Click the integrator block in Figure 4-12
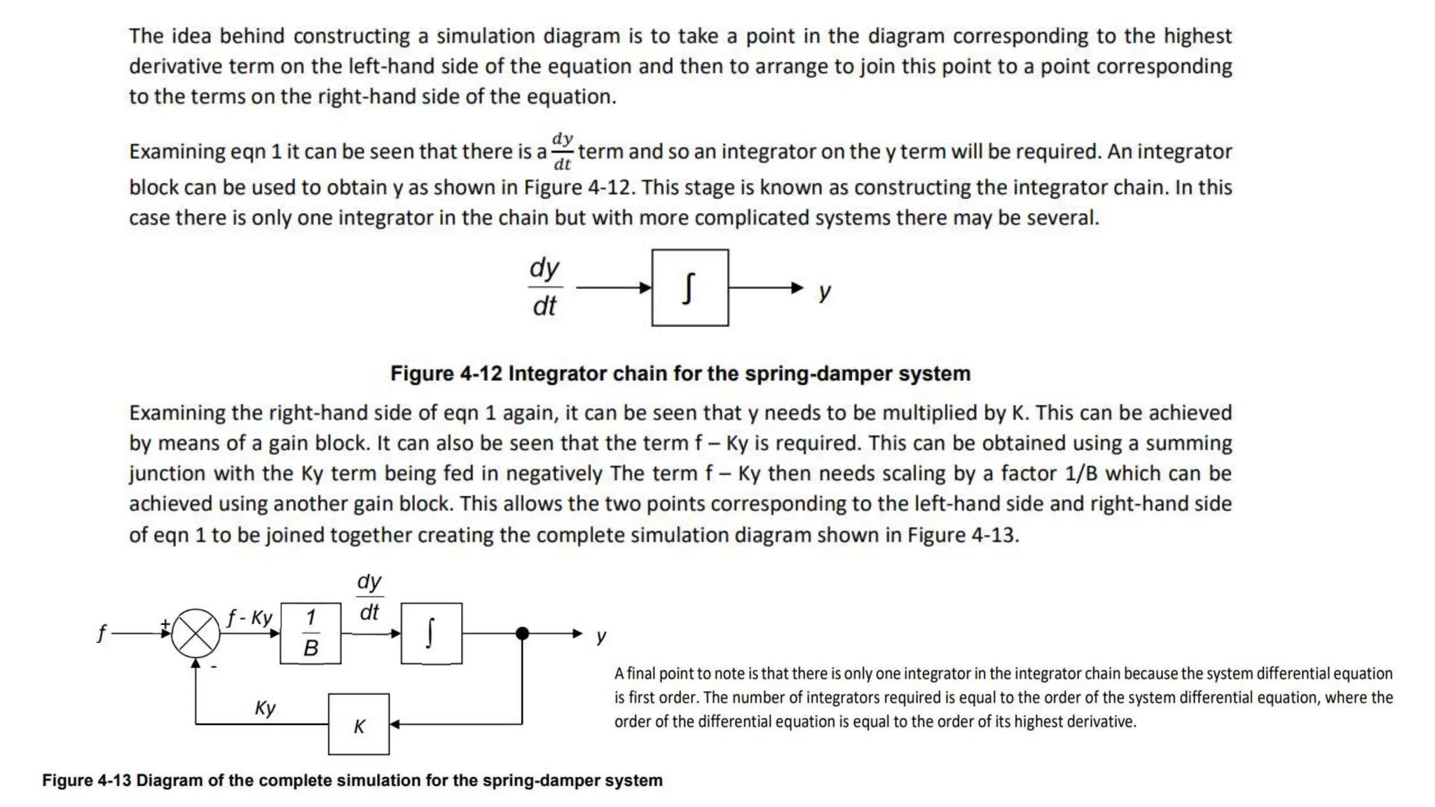tap(689, 287)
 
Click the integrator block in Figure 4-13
tap(431, 633)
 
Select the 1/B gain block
tap(310, 633)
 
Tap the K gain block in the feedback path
tap(359, 724)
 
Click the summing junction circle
tap(195, 633)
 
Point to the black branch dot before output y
tap(522, 633)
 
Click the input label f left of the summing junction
tap(102, 634)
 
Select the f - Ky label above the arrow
tap(249, 617)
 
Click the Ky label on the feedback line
tap(265, 708)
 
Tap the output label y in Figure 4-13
tap(601, 636)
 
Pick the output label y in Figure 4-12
tap(825, 291)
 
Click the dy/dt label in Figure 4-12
tap(544, 287)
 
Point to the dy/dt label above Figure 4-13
tap(369, 597)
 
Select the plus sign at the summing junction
tap(165, 623)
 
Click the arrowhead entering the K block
tap(394, 724)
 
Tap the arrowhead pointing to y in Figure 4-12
tap(797, 287)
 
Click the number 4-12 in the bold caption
tap(481, 373)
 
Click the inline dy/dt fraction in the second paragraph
tap(562, 151)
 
